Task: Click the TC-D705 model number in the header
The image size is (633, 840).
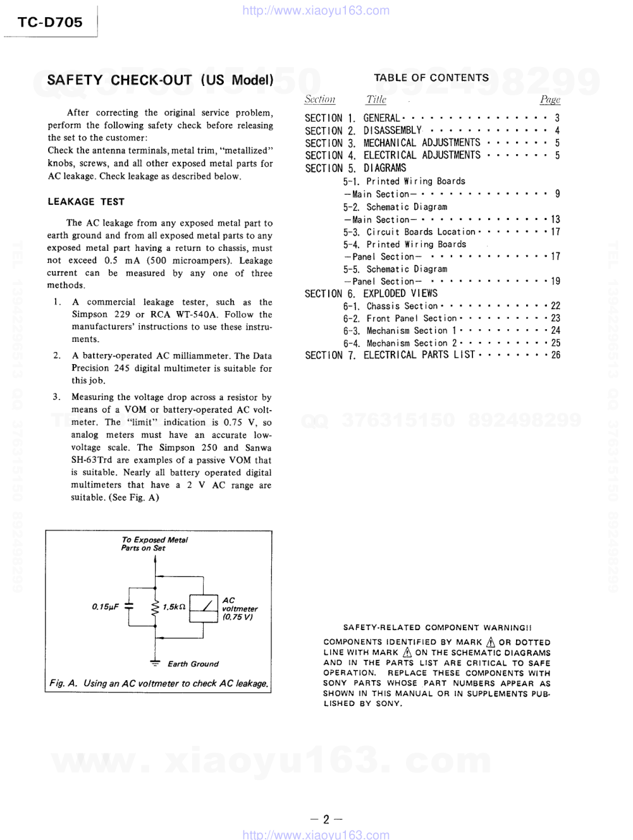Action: (x=50, y=22)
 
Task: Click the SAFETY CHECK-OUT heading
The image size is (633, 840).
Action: (x=160, y=80)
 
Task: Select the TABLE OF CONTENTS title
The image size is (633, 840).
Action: (x=431, y=78)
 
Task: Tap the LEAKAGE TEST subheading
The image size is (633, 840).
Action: (x=86, y=202)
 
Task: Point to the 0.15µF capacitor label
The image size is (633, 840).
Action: (x=105, y=607)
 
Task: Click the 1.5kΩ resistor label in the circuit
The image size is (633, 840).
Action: (x=174, y=607)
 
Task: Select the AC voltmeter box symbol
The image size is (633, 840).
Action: (x=204, y=606)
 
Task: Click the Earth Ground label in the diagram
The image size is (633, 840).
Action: (x=193, y=664)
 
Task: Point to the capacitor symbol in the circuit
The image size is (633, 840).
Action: (x=129, y=607)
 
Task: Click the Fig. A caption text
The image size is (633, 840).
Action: (x=159, y=683)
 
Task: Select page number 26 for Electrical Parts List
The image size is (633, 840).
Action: (x=555, y=355)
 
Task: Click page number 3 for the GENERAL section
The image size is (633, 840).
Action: (x=557, y=118)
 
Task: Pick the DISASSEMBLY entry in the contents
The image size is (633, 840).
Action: (x=392, y=131)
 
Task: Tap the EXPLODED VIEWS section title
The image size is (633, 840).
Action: (x=400, y=293)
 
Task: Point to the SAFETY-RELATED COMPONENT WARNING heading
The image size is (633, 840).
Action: (x=437, y=628)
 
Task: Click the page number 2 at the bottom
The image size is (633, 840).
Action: (x=326, y=820)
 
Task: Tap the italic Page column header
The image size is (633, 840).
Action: (x=550, y=99)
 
